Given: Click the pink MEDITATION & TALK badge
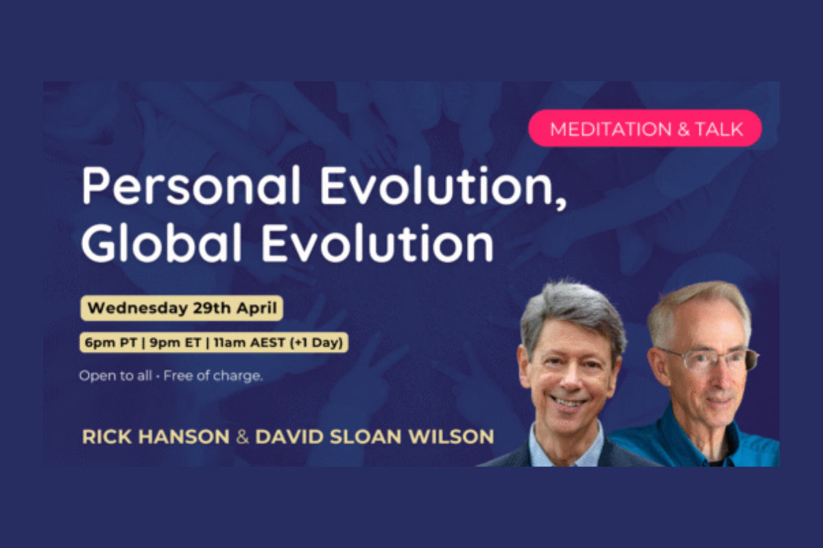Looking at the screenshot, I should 645,128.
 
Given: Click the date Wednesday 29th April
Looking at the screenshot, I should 182,308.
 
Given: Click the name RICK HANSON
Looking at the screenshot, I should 155,436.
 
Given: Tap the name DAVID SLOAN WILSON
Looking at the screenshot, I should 374,436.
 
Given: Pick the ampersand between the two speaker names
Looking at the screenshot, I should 242,436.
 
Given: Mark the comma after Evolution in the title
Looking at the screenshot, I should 561,203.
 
